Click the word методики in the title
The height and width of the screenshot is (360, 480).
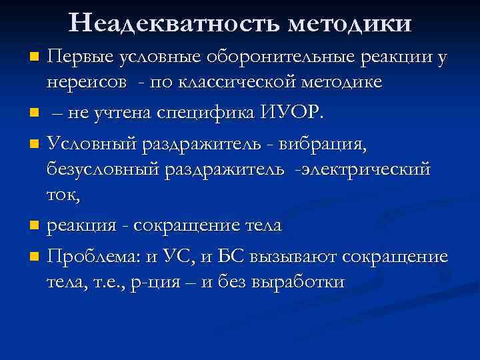coord(350,25)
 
